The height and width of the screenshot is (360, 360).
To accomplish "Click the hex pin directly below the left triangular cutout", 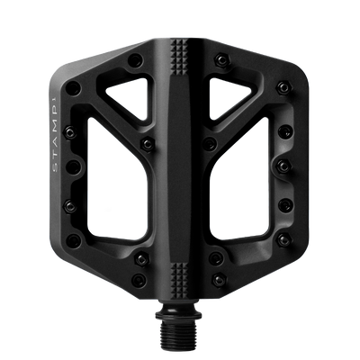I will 143,140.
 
